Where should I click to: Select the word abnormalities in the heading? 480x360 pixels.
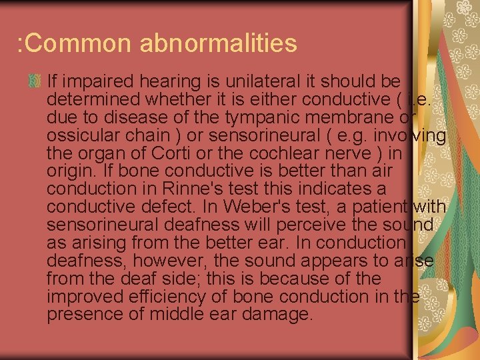[x=219, y=43]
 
